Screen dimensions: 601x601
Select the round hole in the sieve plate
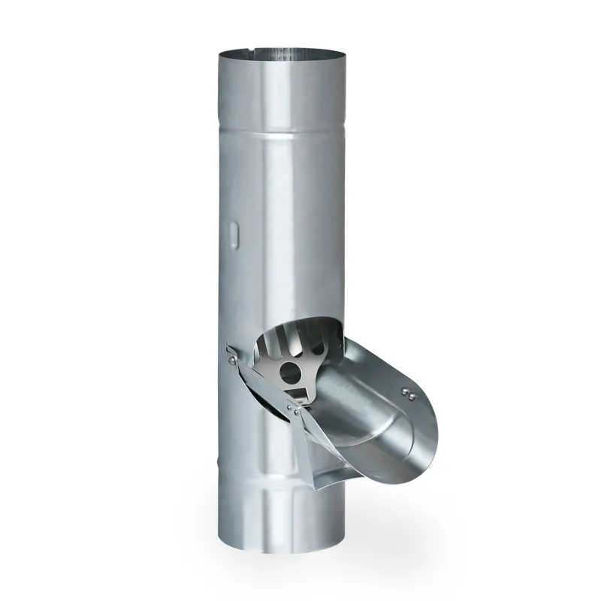(288, 370)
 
